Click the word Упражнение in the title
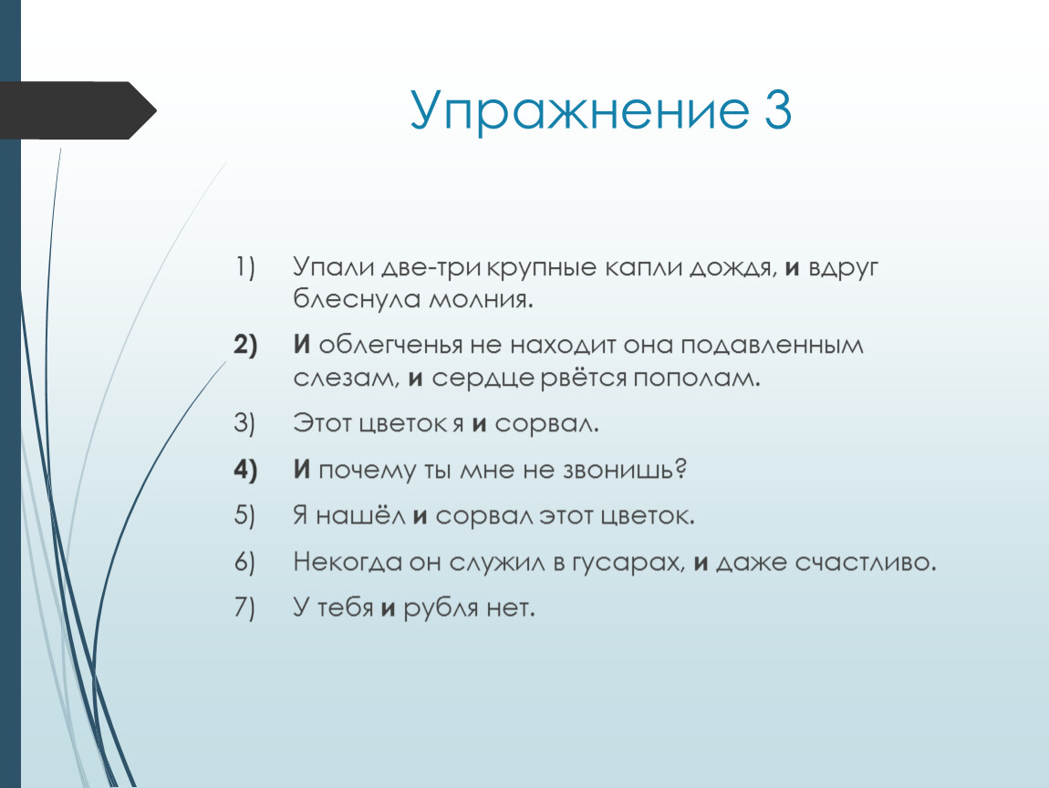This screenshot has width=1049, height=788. pyautogui.click(x=579, y=110)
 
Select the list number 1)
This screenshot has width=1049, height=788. pyautogui.click(x=244, y=267)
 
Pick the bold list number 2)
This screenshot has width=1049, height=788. pyautogui.click(x=245, y=346)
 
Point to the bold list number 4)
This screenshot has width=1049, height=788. pyautogui.click(x=245, y=471)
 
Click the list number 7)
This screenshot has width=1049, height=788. pyautogui.click(x=244, y=608)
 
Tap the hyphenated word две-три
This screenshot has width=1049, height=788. pyautogui.click(x=431, y=267)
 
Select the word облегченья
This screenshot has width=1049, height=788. pyautogui.click(x=390, y=346)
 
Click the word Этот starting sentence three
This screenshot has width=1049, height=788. pyautogui.click(x=323, y=423)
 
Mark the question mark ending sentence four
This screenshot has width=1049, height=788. pyautogui.click(x=681, y=469)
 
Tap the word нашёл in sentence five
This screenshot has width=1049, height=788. pyautogui.click(x=360, y=515)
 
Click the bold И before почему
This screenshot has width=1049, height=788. pyautogui.click(x=302, y=470)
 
